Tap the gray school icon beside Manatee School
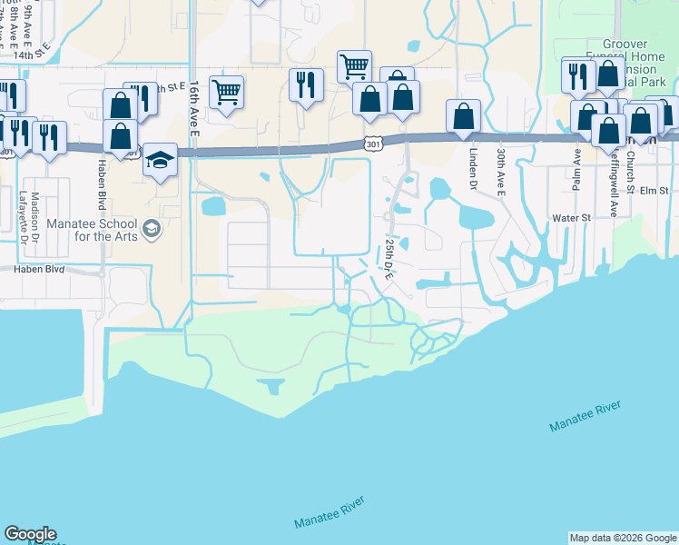[151, 227]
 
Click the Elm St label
[654, 191]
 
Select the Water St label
[572, 218]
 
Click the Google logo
[30, 534]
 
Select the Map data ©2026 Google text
[622, 538]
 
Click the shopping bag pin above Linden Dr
[463, 115]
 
